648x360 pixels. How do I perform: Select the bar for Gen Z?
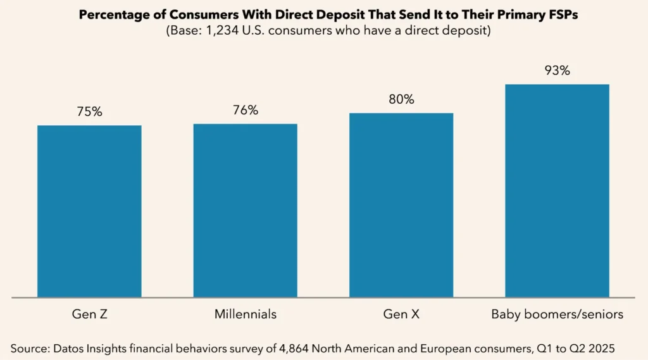point(89,211)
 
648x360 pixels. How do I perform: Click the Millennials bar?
point(245,210)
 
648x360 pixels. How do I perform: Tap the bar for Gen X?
point(401,205)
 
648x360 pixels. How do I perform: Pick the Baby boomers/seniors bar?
point(557,190)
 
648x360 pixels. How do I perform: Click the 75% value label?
point(89,111)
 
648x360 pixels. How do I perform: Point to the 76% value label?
point(245,110)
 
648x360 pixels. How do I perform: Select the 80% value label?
point(401,99)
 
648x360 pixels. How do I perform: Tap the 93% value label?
point(557,70)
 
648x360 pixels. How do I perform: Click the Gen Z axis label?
point(89,314)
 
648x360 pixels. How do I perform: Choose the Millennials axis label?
point(245,314)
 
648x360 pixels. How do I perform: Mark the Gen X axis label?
point(401,314)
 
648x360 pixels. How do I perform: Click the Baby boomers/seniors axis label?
point(557,314)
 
